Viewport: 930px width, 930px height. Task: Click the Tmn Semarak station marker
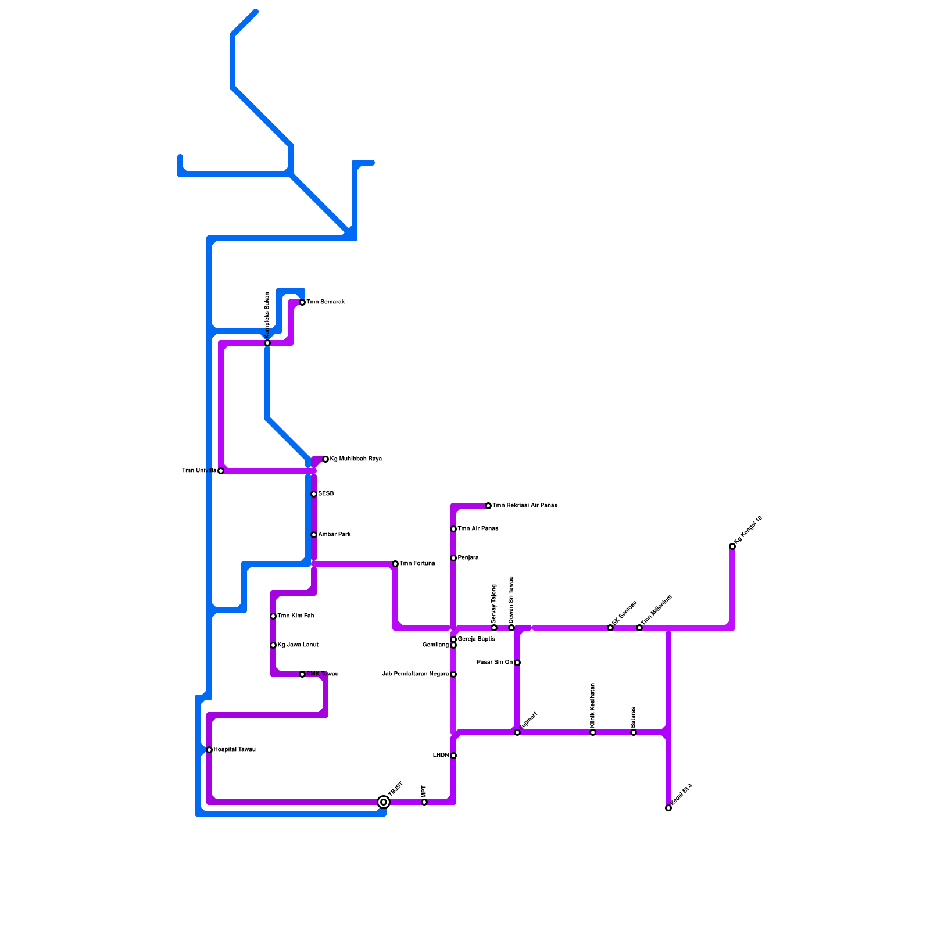302,302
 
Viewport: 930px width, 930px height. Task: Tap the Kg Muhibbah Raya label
356,459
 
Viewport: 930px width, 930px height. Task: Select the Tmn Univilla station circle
221,471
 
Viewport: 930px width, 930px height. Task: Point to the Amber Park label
334,535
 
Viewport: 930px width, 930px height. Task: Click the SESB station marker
314,494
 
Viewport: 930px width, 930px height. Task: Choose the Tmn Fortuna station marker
395,564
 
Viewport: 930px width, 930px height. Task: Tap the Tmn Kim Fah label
295,616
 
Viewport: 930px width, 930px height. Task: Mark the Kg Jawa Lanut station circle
273,645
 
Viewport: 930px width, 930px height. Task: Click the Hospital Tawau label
234,750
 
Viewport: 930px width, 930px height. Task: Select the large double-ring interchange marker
384,802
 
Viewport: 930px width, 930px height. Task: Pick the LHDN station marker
453,756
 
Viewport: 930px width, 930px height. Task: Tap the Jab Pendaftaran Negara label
415,674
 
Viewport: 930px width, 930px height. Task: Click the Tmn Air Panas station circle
453,529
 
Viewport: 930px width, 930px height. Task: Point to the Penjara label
468,558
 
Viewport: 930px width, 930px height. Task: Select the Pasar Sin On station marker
517,663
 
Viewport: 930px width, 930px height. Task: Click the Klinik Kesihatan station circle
593,732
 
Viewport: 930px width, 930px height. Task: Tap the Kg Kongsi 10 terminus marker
732,546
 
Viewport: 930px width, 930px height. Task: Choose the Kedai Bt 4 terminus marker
668,808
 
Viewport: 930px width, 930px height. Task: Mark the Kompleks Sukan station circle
267,343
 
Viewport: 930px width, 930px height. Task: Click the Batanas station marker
634,732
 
